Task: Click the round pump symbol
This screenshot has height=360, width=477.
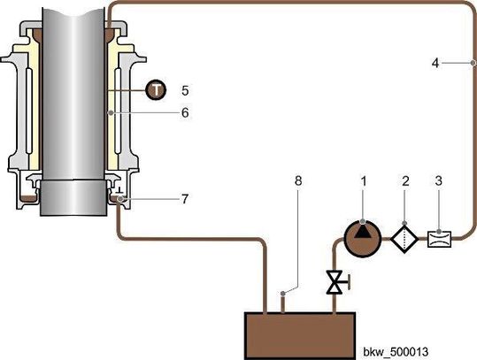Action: coord(358,239)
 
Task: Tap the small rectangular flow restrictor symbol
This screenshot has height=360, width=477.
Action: coord(439,239)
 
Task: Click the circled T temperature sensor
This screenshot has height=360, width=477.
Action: coord(155,89)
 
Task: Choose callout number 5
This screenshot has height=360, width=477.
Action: coord(185,89)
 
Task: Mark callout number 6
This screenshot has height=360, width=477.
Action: coord(185,114)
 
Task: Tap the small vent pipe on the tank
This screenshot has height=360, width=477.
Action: coord(282,300)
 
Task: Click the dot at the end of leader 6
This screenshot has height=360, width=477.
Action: coord(110,114)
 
